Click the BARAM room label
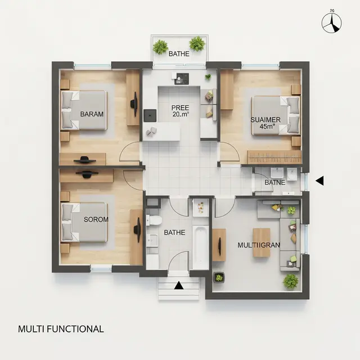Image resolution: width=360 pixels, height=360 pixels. click(x=92, y=114)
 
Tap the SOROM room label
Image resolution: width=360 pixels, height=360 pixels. click(x=96, y=219)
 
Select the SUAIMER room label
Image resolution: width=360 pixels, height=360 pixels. click(x=265, y=120)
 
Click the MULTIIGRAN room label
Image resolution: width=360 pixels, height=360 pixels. click(x=259, y=245)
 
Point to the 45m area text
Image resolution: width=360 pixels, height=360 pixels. click(x=267, y=126)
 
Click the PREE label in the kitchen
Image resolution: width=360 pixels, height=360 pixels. click(x=180, y=107)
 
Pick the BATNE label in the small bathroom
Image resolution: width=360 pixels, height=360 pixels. click(x=275, y=182)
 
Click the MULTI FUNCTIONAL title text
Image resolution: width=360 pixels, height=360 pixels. click(x=61, y=329)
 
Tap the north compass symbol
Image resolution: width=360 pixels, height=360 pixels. click(x=331, y=23)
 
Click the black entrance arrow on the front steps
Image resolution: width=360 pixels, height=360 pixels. click(x=179, y=285)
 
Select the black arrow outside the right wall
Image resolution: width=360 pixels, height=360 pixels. click(x=319, y=181)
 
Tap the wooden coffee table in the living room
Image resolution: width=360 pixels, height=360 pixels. click(x=261, y=242)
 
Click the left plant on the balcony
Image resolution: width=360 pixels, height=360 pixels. click(x=160, y=47)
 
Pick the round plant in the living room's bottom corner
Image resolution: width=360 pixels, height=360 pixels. click(x=290, y=281)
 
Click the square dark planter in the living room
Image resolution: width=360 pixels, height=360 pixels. click(x=219, y=277)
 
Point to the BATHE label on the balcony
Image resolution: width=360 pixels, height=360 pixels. click(x=179, y=54)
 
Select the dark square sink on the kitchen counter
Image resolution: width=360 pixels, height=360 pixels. click(x=150, y=115)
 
